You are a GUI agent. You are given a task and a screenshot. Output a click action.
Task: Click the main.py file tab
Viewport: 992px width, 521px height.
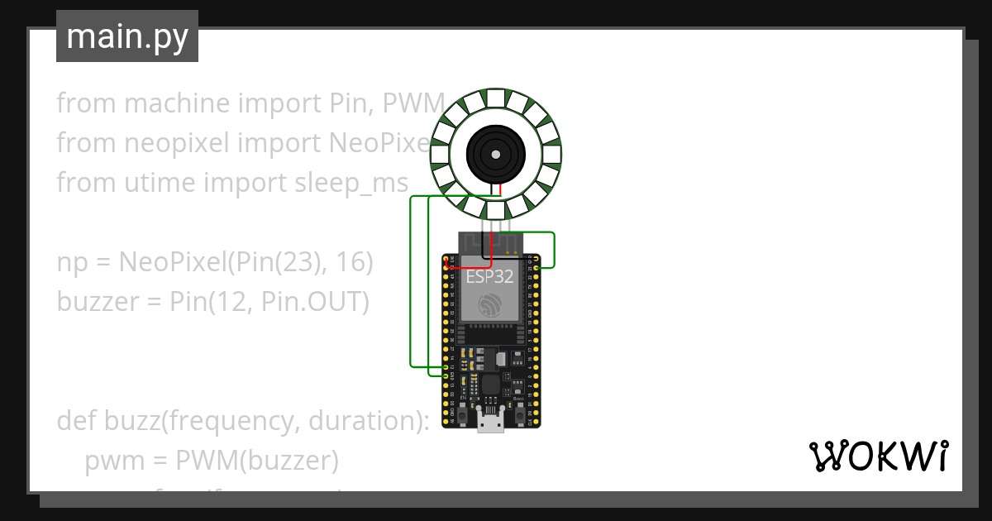pyautogui.click(x=127, y=36)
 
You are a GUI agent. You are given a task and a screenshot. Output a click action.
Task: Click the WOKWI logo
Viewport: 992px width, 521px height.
pyautogui.click(x=878, y=456)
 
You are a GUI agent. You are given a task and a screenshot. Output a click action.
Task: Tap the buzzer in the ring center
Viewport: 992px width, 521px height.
pyautogui.click(x=497, y=154)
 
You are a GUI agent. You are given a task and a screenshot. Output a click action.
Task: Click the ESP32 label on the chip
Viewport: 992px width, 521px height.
pyautogui.click(x=489, y=277)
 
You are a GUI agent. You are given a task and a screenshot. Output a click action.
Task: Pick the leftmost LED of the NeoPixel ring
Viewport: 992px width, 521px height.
pyautogui.click(x=441, y=154)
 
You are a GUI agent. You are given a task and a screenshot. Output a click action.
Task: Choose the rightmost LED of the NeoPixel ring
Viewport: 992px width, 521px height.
pyautogui.click(x=552, y=154)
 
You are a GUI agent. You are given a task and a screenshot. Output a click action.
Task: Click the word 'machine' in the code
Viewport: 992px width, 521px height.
pyautogui.click(x=174, y=103)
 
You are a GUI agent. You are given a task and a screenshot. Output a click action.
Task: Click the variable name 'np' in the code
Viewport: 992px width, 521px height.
pyautogui.click(x=72, y=264)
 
